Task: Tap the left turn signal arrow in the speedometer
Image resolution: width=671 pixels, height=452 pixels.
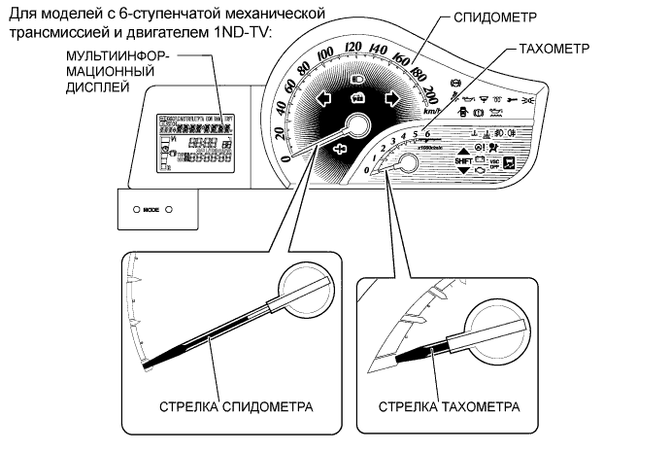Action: [321, 97]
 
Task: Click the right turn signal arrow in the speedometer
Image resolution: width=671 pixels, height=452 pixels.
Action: [392, 97]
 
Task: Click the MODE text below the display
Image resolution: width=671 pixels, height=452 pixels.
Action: [151, 209]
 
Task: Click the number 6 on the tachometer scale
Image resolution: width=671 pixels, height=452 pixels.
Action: [426, 133]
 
